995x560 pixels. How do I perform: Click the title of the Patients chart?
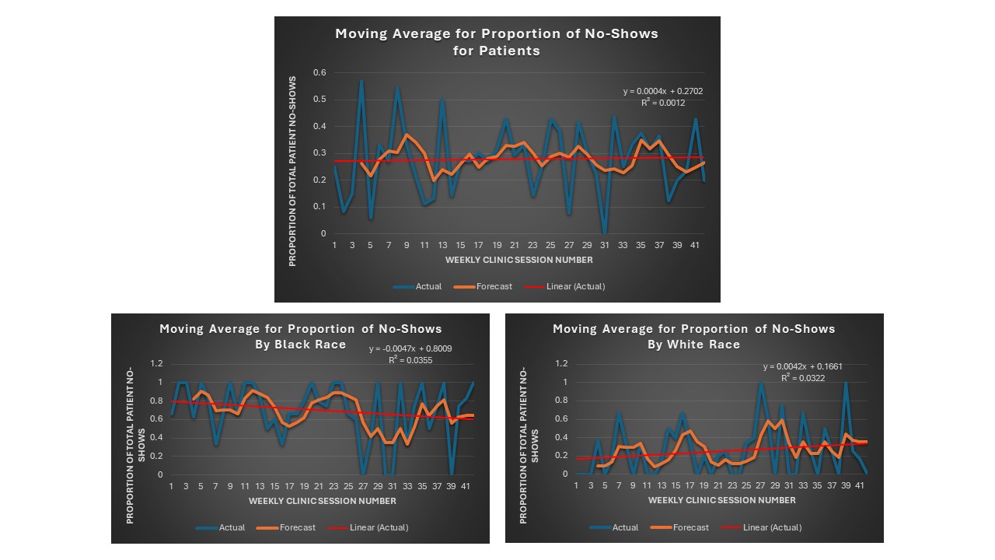[x=497, y=42]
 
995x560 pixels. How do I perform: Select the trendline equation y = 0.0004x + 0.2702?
[x=663, y=91]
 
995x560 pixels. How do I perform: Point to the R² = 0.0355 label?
[x=410, y=360]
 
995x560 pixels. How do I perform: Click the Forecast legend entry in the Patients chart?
[x=494, y=286]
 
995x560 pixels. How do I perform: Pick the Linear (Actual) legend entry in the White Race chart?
[x=772, y=527]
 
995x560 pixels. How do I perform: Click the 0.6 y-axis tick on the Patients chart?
[x=319, y=72]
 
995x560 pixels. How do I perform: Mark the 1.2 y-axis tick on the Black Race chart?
[x=156, y=363]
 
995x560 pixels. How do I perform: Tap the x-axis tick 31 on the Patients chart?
[x=605, y=245]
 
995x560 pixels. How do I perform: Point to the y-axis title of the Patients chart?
[x=293, y=171]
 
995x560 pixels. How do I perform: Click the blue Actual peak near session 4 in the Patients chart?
[x=361, y=81]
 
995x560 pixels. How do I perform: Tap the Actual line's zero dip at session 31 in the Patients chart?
[x=605, y=233]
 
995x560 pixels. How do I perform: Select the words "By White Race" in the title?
[x=694, y=344]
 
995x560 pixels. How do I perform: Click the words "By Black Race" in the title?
[x=301, y=344]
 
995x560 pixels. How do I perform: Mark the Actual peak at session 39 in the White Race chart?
[x=845, y=383]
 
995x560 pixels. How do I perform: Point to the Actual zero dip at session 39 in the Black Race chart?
[x=452, y=473]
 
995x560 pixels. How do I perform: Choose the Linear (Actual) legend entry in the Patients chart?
[x=576, y=286]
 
